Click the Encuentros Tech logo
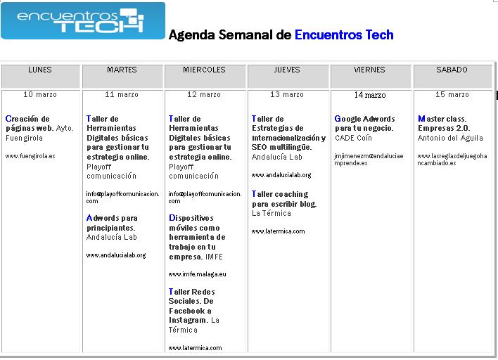(x=83, y=21)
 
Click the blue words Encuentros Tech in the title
(x=344, y=34)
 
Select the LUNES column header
(x=40, y=70)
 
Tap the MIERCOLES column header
(x=204, y=70)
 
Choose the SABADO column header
(x=452, y=70)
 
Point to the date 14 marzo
(x=370, y=95)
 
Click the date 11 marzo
(x=122, y=94)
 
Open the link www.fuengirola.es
(x=30, y=156)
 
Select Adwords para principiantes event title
(x=112, y=223)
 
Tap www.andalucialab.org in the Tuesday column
(x=116, y=255)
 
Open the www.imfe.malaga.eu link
(x=197, y=274)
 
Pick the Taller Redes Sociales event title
(x=191, y=306)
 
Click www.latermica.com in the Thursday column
(x=278, y=231)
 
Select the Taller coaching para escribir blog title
(x=284, y=199)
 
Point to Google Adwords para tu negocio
(x=364, y=123)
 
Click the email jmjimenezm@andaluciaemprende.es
(x=369, y=160)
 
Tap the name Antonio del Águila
(x=450, y=138)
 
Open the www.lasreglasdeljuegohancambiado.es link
(x=452, y=160)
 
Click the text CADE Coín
(x=353, y=138)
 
